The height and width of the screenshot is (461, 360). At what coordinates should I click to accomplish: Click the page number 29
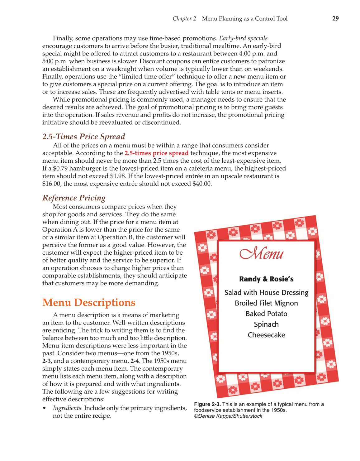click(335, 18)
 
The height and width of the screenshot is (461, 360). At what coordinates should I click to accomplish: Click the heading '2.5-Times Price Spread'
click(83, 137)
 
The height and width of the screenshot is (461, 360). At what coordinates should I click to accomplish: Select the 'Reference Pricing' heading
click(74, 198)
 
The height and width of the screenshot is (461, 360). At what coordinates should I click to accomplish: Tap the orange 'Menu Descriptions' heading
click(89, 303)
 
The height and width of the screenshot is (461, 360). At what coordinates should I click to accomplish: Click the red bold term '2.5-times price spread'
click(156, 153)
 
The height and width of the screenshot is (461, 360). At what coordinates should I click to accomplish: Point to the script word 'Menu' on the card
click(262, 253)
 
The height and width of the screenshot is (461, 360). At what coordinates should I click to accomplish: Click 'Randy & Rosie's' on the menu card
click(266, 279)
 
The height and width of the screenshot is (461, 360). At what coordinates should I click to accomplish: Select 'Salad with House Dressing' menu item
click(266, 293)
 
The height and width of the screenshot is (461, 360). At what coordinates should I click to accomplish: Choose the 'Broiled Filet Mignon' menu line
click(266, 303)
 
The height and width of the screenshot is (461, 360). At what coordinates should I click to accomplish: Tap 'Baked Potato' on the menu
click(266, 314)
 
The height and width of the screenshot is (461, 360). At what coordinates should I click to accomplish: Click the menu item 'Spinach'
click(266, 324)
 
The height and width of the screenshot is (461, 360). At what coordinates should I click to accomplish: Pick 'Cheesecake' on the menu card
click(266, 335)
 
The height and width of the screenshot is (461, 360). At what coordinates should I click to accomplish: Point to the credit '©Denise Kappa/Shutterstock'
click(228, 416)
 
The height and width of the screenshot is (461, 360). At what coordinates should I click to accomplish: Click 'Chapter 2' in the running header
click(184, 19)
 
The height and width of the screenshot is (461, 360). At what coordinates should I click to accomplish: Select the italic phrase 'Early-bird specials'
click(243, 38)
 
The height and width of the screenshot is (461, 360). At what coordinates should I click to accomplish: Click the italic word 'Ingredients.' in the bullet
click(68, 408)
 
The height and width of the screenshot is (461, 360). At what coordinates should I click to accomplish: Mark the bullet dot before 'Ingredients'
click(45, 408)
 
